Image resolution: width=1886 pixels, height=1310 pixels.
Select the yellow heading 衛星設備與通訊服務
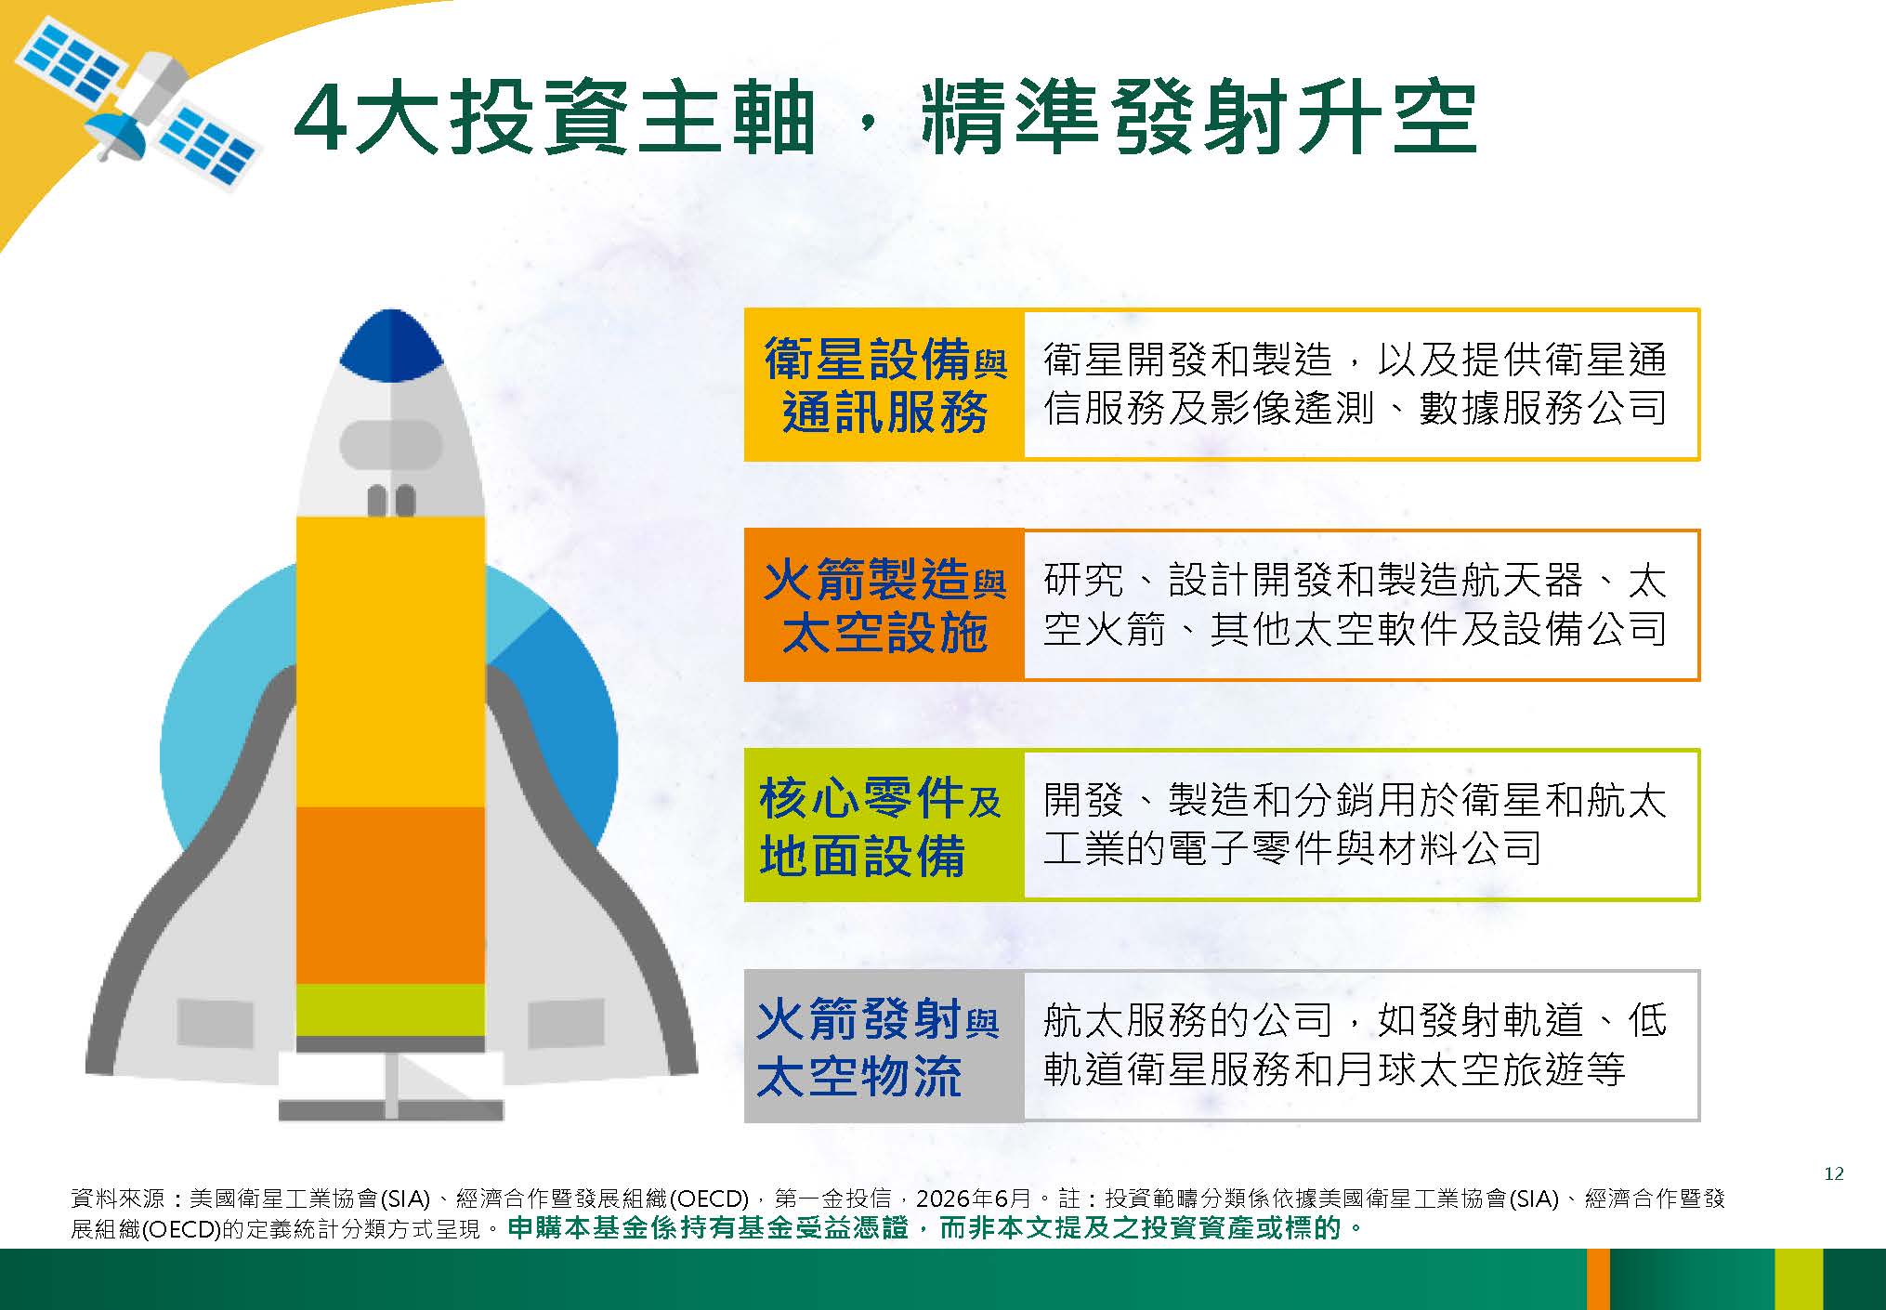pyautogui.click(x=884, y=385)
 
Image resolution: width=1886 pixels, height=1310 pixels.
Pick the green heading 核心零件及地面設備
pyautogui.click(x=880, y=826)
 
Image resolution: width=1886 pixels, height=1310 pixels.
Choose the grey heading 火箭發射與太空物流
pyautogui.click(x=878, y=1047)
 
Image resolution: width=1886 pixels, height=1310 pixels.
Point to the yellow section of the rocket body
pyautogui.click(x=390, y=662)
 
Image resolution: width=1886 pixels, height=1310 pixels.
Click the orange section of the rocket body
pyautogui.click(x=390, y=895)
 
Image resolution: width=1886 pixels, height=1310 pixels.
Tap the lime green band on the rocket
pyautogui.click(x=390, y=1010)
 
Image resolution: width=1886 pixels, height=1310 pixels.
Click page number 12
pyautogui.click(x=1833, y=1173)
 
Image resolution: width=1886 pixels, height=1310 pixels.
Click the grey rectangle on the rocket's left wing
pyautogui.click(x=215, y=1023)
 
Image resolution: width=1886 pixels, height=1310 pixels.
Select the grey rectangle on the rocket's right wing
pyautogui.click(x=566, y=1023)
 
